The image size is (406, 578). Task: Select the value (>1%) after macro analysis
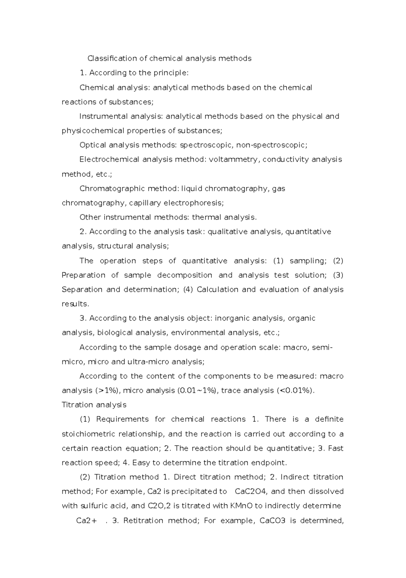coord(108,390)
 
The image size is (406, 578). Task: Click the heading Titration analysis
coord(94,405)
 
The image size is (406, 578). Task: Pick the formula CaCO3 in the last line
coord(272,520)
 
